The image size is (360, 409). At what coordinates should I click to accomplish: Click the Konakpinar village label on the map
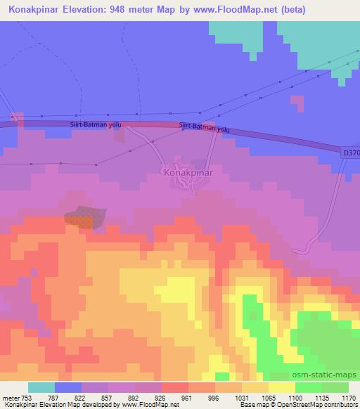click(x=188, y=171)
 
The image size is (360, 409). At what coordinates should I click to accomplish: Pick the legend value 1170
click(x=348, y=397)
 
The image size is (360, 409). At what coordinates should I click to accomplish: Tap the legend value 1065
click(x=268, y=397)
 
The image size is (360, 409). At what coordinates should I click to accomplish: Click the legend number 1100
click(x=295, y=397)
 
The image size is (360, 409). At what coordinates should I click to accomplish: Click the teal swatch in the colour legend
click(x=41, y=387)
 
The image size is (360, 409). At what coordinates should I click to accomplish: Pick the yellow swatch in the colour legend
click(x=282, y=387)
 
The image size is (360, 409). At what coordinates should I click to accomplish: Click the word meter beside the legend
click(x=10, y=397)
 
